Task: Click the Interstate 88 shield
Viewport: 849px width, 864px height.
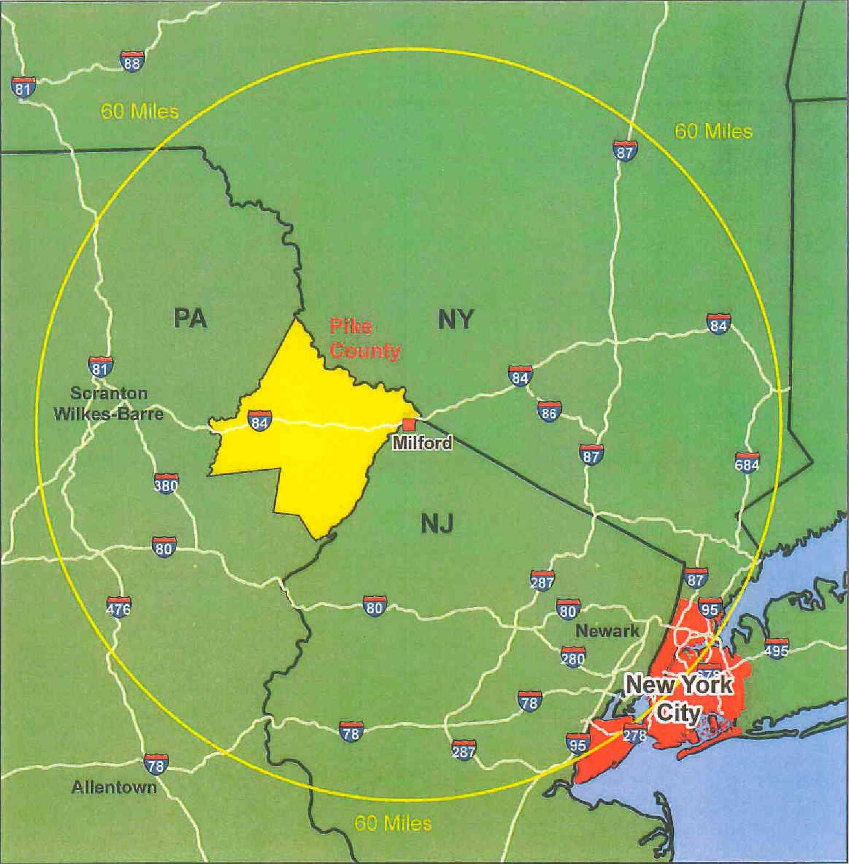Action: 132,61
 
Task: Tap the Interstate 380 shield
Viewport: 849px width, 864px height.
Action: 166,483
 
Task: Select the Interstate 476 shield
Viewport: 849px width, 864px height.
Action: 119,606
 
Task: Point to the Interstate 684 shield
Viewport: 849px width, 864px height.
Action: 747,463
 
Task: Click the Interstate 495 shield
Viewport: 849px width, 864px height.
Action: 776,648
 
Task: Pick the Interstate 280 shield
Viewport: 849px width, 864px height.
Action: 573,657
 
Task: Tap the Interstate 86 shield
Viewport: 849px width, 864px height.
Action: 548,411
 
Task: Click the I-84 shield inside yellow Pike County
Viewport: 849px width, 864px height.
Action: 259,421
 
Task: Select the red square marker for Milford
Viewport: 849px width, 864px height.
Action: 409,425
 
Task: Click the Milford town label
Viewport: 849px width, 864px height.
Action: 422,442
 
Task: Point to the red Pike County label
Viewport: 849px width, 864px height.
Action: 364,338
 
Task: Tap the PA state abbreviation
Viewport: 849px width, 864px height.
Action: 191,318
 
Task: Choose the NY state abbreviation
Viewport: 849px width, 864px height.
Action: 455,319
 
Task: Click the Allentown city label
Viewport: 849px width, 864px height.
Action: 114,787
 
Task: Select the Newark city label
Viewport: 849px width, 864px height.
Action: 607,631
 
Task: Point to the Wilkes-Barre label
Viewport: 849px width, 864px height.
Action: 109,413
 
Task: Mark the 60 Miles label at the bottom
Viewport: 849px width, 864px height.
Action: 393,822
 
